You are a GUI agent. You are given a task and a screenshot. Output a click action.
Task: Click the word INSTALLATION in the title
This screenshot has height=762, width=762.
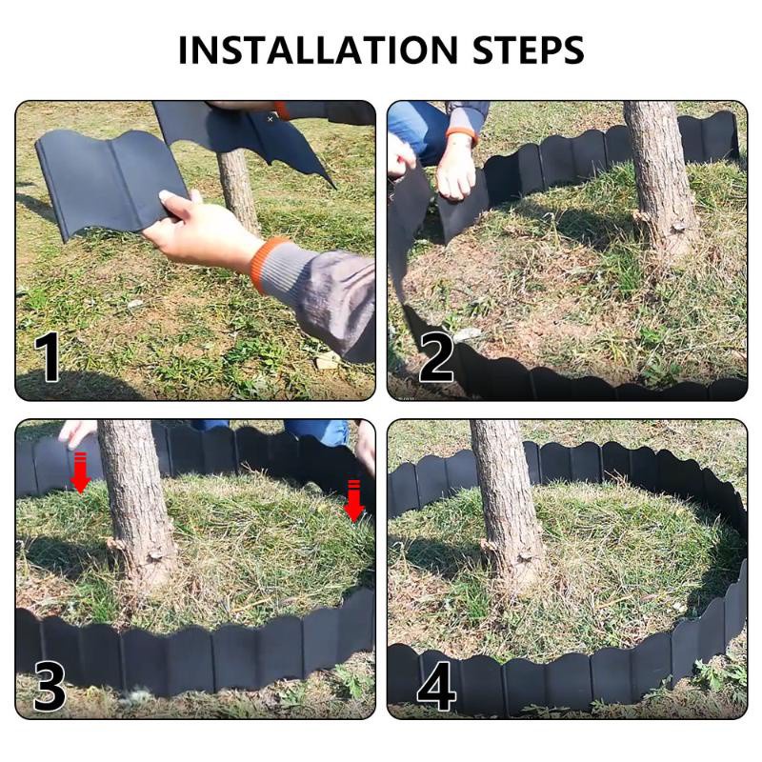pos(318,50)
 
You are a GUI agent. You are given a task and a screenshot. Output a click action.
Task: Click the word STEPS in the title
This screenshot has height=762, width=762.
pos(529,50)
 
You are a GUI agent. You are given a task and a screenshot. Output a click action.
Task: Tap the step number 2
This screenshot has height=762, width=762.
pos(436,358)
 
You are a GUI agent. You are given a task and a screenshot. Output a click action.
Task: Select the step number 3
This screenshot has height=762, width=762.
pos(50,686)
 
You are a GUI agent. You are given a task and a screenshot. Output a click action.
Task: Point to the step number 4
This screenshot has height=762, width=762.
pos(436,686)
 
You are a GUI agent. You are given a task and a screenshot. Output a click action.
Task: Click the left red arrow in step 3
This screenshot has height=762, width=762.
pos(80,472)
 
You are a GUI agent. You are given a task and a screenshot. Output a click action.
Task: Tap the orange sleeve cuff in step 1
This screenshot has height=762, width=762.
pos(265,265)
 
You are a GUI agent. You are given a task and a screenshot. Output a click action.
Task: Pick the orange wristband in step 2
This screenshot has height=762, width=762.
pos(462,134)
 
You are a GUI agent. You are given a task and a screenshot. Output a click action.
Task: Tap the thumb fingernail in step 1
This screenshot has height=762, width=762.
pos(170,197)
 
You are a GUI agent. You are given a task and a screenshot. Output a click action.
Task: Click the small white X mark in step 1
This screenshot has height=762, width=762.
pos(271,118)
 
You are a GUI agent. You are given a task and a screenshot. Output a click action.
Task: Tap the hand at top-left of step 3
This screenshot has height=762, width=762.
pos(77,434)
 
